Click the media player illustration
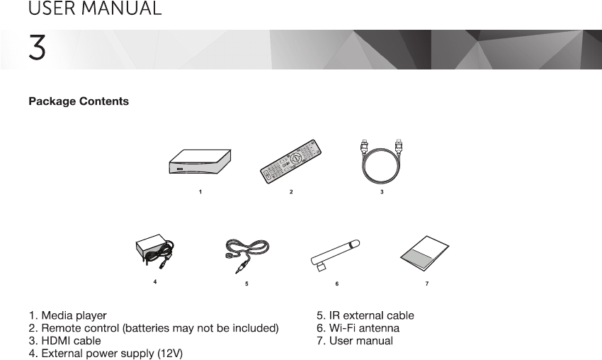pos(201,161)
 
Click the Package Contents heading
pos(79,101)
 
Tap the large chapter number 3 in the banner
pos(37,48)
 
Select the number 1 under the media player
pos(201,192)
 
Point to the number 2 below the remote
pos(291,192)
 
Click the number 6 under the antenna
pos(337,283)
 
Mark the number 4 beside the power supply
pos(155,282)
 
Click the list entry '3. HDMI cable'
pos(64,341)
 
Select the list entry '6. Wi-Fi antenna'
pos(358,328)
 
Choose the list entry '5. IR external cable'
pos(365,315)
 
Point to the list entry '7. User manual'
pos(354,341)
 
